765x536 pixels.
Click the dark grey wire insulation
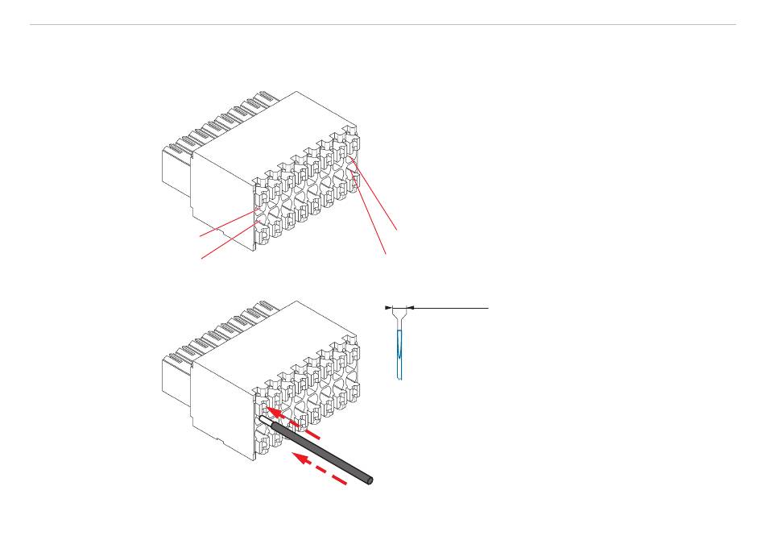click(322, 452)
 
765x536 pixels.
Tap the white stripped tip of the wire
click(264, 421)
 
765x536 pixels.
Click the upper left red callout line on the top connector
click(229, 223)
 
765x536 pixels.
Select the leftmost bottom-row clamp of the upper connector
click(263, 233)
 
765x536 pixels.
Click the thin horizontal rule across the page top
click(382, 24)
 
